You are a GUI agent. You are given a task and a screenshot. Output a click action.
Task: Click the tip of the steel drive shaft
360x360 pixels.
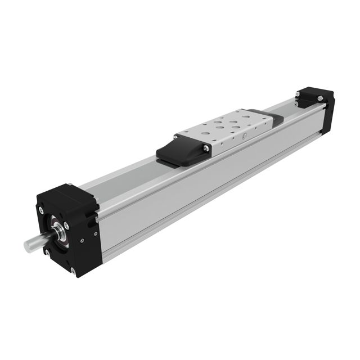click(27, 245)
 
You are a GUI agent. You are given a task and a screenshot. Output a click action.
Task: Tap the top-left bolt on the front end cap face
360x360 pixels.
click(41, 210)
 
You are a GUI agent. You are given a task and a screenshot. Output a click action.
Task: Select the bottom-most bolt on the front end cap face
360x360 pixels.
click(73, 271)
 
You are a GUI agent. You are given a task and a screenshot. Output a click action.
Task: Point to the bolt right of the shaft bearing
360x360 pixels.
click(66, 225)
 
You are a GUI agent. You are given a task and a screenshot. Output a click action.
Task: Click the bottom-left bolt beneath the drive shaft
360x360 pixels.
click(47, 253)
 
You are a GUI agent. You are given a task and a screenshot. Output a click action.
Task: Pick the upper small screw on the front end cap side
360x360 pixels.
click(95, 233)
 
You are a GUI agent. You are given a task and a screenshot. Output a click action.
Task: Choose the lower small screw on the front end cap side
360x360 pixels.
click(82, 240)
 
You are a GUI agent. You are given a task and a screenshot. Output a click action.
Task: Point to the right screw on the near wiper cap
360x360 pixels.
click(206, 148)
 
